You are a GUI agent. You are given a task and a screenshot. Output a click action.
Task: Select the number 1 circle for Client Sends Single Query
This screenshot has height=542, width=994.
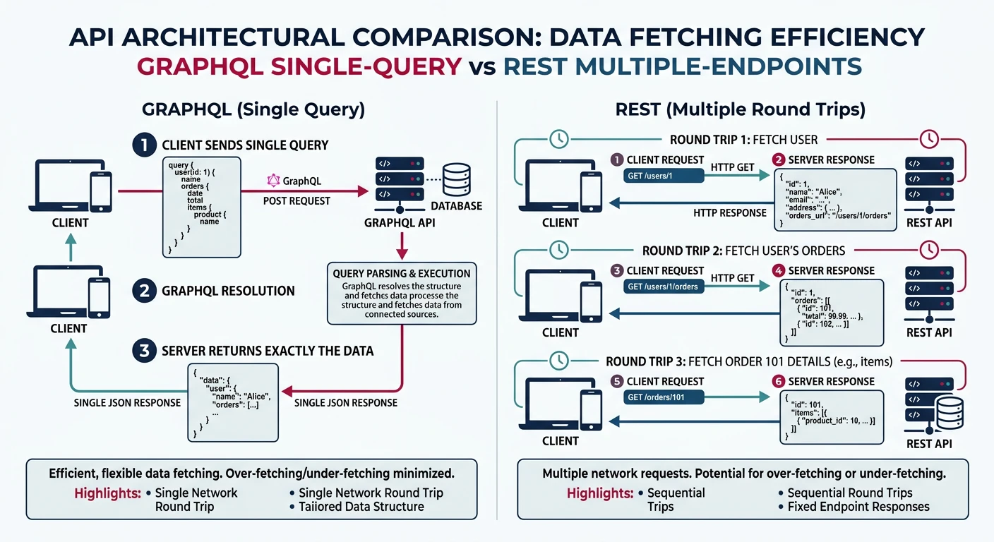[x=144, y=145]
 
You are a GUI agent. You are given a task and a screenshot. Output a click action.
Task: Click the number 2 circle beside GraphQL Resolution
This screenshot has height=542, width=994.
[x=144, y=290]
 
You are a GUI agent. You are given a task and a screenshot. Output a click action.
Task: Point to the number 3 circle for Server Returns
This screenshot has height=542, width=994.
[x=144, y=350]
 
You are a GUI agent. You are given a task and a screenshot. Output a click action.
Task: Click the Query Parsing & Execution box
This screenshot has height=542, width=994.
[x=401, y=293]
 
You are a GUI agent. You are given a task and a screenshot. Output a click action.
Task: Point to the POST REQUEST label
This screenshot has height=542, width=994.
[x=297, y=201]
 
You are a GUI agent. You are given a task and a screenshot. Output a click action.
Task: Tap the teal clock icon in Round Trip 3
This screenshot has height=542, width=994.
[x=558, y=361]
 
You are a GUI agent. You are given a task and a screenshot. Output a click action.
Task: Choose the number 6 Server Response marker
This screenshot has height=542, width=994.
[x=779, y=381]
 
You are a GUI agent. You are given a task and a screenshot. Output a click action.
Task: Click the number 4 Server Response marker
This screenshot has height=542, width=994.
[x=779, y=270]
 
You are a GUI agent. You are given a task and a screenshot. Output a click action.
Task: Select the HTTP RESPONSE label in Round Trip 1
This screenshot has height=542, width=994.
[x=729, y=212]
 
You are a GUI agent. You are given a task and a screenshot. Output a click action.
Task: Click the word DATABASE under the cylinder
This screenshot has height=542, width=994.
[x=456, y=206]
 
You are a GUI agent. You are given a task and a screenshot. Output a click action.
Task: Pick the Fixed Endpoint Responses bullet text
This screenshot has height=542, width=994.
[x=858, y=507]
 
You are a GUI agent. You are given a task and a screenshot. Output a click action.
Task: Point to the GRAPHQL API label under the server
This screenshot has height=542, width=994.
[x=400, y=222]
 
